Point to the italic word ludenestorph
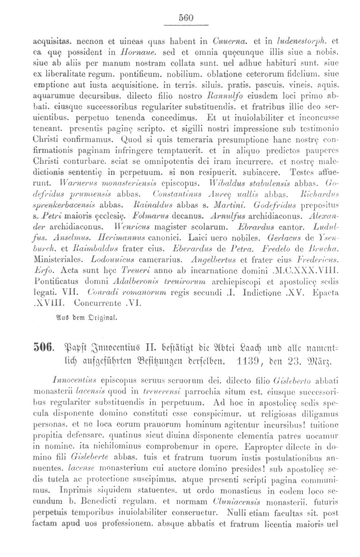click(310, 39)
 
